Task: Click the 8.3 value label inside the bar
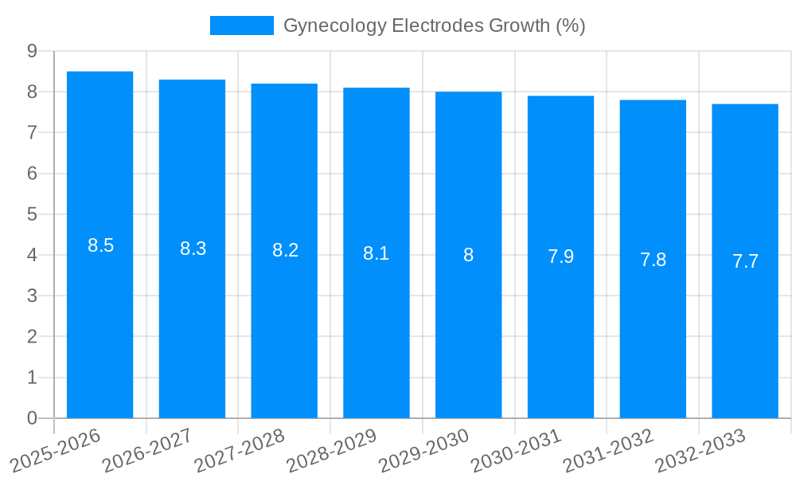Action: [193, 249]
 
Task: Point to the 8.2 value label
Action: [285, 250]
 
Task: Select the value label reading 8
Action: [468, 255]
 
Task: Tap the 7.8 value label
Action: [653, 259]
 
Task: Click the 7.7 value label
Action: [745, 261]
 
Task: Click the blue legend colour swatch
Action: [241, 25]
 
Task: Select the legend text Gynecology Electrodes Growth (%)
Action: [434, 25]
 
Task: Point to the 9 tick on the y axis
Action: [32, 51]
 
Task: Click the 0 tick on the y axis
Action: [32, 418]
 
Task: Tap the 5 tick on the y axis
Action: [32, 214]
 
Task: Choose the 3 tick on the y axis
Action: [32, 296]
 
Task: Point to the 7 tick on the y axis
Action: [32, 132]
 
